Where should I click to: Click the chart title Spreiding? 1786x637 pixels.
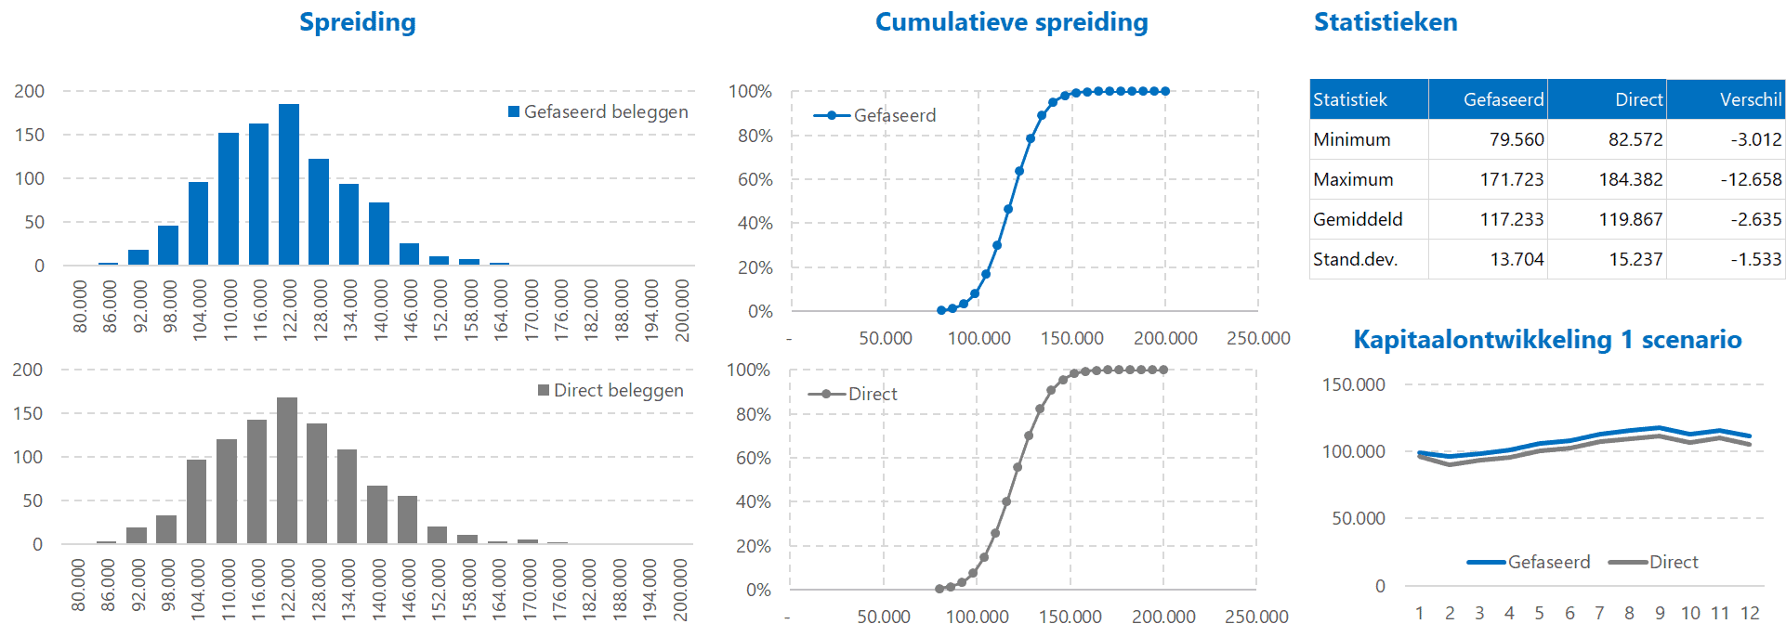[x=357, y=22]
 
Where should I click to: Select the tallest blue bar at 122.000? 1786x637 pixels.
[x=289, y=186]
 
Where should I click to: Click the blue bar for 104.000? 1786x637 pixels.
[x=198, y=225]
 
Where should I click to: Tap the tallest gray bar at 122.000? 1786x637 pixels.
[x=287, y=471]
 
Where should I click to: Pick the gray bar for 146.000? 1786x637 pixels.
[x=407, y=520]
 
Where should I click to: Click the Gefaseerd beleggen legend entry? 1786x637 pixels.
[x=598, y=112]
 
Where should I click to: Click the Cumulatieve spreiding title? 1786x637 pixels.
[x=1011, y=22]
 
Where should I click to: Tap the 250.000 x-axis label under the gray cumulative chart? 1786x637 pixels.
[x=1256, y=617]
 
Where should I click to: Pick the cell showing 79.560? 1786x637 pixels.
[x=1516, y=139]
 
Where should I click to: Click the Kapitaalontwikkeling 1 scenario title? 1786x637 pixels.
[x=1546, y=340]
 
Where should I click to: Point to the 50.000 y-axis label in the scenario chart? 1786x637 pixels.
[x=1358, y=518]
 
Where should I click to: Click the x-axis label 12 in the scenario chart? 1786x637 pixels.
[x=1750, y=613]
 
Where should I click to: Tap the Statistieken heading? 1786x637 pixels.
[x=1385, y=22]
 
